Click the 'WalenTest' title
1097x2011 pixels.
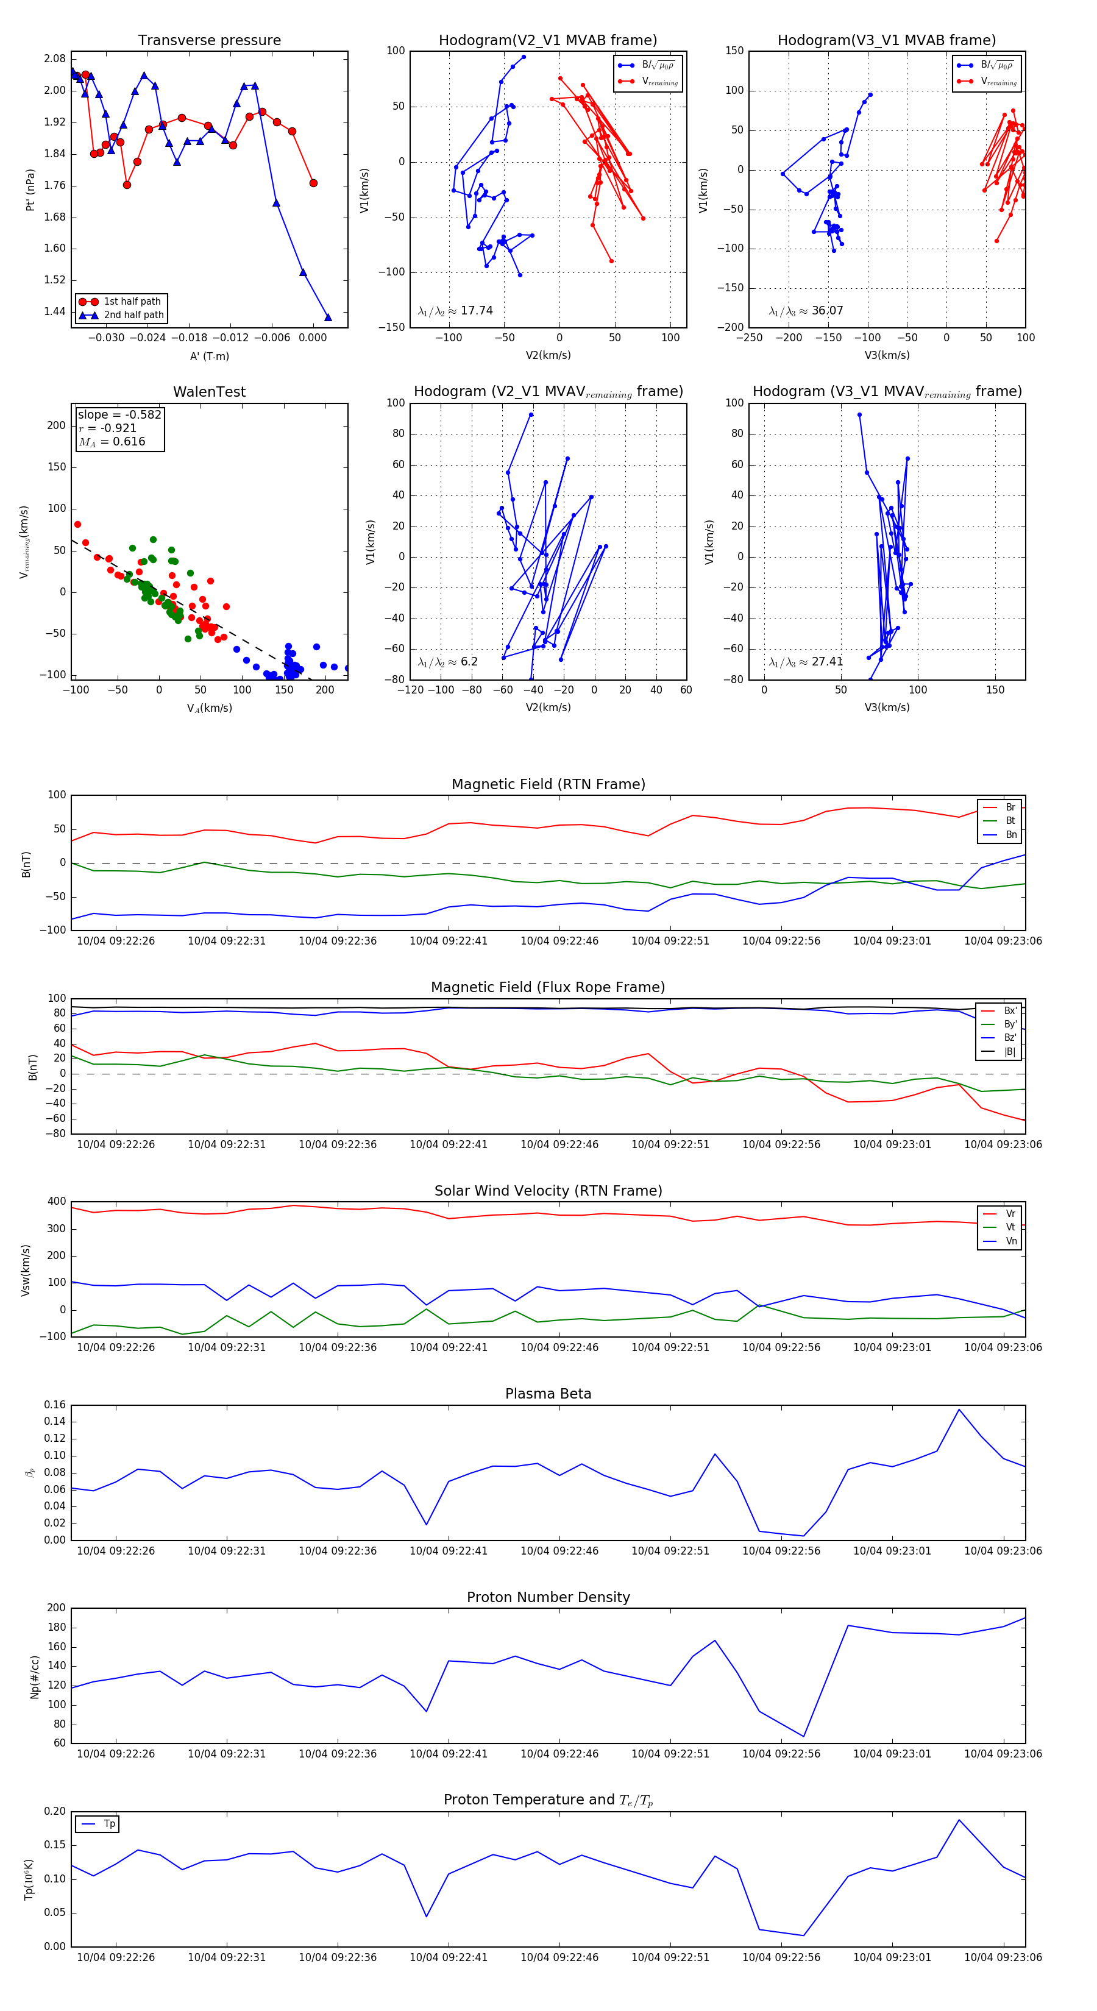click(209, 392)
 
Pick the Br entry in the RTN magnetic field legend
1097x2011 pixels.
click(1010, 807)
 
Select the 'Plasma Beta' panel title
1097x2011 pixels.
click(548, 1394)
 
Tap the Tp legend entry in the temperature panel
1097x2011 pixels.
click(109, 1825)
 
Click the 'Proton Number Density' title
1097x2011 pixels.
click(548, 1597)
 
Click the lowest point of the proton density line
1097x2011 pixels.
click(803, 1737)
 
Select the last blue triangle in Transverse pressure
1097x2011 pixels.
click(328, 317)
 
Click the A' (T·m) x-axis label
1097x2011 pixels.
click(209, 356)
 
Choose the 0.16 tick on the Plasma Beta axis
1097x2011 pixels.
click(55, 1405)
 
